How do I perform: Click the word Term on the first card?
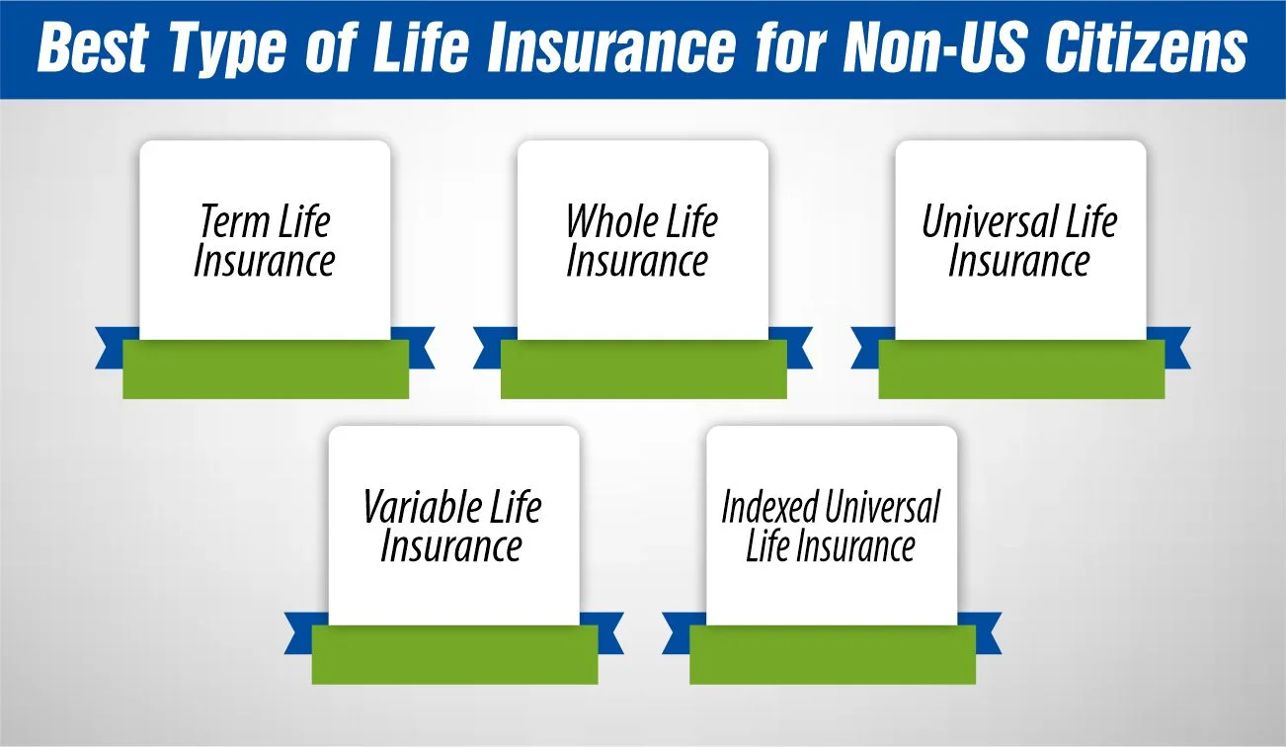[x=236, y=221]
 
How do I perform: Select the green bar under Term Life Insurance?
[x=266, y=370]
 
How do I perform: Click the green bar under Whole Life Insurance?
[x=643, y=370]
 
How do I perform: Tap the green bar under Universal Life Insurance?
[x=1021, y=370]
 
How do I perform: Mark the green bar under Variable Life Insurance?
[x=454, y=655]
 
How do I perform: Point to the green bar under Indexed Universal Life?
[x=833, y=655]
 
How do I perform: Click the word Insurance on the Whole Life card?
[x=637, y=261]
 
